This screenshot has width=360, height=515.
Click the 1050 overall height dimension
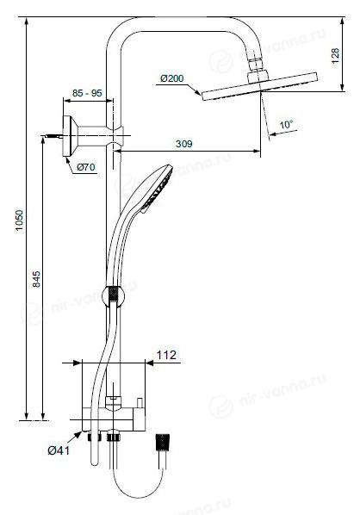click(x=20, y=220)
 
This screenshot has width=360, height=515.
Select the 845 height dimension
click(x=36, y=279)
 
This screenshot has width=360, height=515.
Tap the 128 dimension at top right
click(x=335, y=55)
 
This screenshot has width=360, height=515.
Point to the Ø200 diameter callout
click(x=171, y=78)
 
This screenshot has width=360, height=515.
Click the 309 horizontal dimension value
click(x=183, y=144)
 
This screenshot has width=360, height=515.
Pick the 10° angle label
click(x=286, y=125)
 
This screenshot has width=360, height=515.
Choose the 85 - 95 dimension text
click(x=87, y=93)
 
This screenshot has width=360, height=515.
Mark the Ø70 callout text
click(x=86, y=167)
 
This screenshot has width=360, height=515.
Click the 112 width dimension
click(x=166, y=355)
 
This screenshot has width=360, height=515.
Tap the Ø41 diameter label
click(x=59, y=450)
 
